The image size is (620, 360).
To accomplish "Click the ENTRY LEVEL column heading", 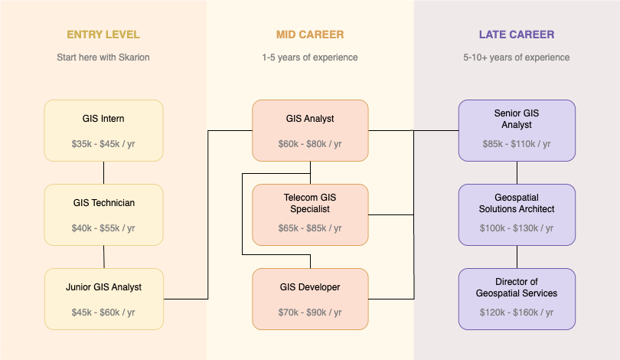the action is (x=103, y=34).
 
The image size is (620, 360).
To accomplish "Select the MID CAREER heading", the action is (x=310, y=34).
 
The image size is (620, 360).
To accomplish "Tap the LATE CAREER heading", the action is (x=517, y=34).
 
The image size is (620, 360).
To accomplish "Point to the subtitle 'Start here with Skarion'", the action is (x=103, y=57).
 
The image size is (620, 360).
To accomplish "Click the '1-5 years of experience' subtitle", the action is (x=310, y=57).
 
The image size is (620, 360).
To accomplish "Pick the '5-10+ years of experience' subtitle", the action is (x=517, y=57).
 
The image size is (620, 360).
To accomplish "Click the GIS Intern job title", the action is (x=103, y=119).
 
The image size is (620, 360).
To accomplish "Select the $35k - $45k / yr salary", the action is (x=103, y=144).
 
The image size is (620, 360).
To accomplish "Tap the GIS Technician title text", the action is (x=103, y=203).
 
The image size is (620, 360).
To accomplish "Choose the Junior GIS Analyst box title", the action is (x=103, y=287).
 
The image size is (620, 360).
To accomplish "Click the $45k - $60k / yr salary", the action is (x=103, y=313).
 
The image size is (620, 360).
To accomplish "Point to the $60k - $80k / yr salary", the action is (x=310, y=144).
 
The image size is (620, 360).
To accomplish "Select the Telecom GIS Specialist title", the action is (x=310, y=203).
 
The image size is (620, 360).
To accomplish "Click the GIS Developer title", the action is (x=310, y=287).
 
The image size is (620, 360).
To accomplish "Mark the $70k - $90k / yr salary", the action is (x=310, y=313).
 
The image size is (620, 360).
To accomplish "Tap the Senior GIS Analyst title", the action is (x=517, y=119).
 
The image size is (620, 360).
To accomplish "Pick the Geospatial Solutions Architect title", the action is (x=517, y=203).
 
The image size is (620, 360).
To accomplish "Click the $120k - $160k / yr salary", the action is (x=517, y=313).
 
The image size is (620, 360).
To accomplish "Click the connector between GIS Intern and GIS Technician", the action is (x=103, y=172).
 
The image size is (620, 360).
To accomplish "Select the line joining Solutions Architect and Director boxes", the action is (x=517, y=257).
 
